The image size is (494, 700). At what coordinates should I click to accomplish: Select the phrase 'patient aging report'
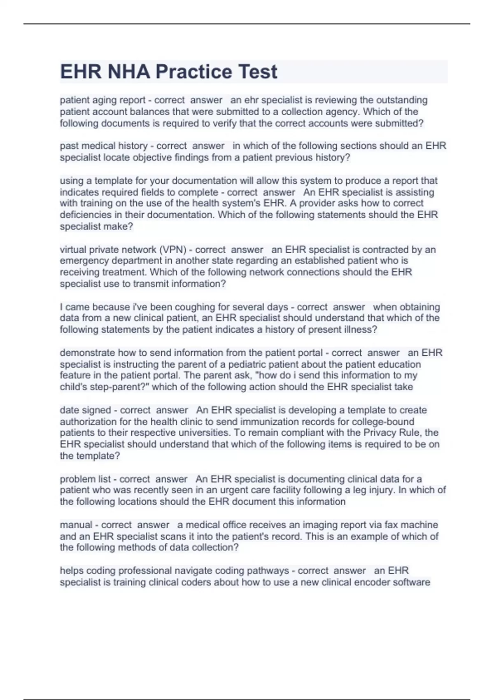[x=103, y=100]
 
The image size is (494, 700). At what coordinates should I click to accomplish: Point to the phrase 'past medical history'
[x=103, y=146]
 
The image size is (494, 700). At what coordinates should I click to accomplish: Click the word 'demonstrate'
[x=87, y=353]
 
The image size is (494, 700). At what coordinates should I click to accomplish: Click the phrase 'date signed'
[x=85, y=410]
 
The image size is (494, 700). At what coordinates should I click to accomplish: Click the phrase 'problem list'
[x=85, y=479]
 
